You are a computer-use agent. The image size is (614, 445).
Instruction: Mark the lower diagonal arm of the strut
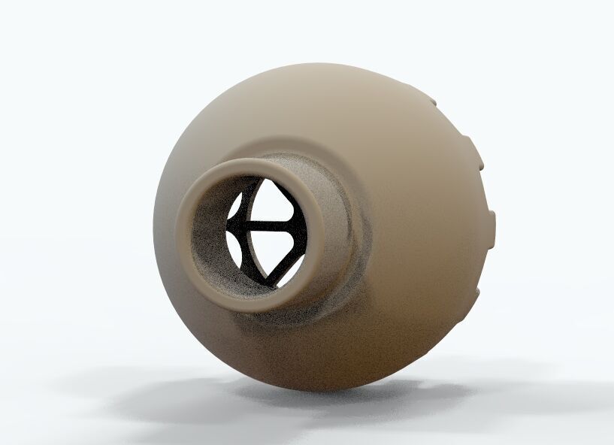(x=284, y=266)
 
